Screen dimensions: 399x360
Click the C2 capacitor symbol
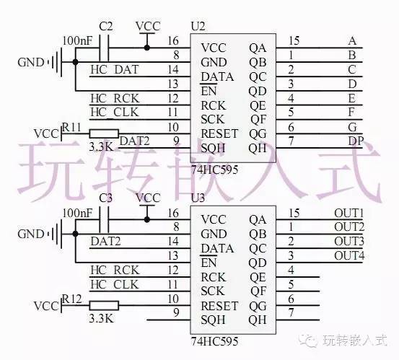104,48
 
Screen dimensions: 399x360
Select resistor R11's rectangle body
104,133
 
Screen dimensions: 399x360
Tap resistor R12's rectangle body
104,306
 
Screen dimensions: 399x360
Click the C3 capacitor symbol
104,219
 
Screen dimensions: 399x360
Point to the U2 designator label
198,26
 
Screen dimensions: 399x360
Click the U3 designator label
198,198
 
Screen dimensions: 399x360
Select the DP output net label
356,141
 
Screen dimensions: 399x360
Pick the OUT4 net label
349,255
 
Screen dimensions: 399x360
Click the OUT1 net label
349,214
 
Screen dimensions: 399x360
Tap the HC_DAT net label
115,69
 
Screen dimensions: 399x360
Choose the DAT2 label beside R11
135,141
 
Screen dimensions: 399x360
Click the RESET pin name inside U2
219,133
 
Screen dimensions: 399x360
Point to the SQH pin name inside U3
213,320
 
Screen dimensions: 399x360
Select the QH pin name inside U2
258,149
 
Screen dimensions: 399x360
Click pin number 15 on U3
294,213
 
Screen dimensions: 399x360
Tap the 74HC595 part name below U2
214,170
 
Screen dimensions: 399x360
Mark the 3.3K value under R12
101,318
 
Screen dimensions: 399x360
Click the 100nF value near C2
77,40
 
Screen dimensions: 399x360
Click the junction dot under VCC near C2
146,48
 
